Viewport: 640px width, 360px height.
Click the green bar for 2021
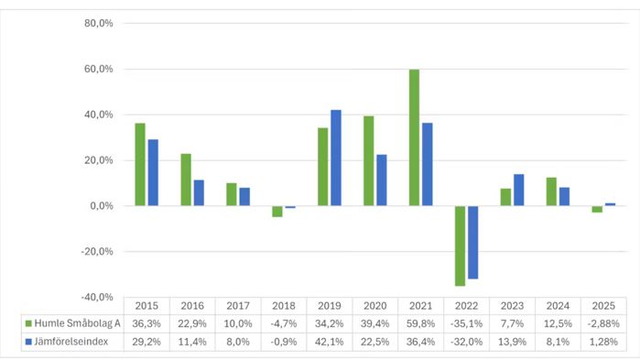tap(414, 137)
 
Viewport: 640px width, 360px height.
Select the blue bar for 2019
tap(336, 158)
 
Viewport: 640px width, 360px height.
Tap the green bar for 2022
tap(460, 246)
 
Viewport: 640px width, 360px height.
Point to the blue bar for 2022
tap(473, 243)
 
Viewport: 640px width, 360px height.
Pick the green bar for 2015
tap(140, 165)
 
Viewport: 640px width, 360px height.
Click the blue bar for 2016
tap(199, 192)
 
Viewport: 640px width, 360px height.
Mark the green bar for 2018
tap(277, 212)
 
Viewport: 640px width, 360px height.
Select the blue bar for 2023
tap(519, 190)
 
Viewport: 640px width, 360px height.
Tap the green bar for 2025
tap(597, 210)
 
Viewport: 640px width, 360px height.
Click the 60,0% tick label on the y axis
tap(98, 69)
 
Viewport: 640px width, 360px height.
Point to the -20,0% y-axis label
tap(97, 251)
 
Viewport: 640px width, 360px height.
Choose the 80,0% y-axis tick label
tap(98, 23)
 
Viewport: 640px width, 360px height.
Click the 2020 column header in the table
tap(375, 306)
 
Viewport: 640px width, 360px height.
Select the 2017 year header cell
tap(238, 306)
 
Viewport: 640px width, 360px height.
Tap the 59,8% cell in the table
tap(421, 323)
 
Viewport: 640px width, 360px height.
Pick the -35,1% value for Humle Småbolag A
tap(467, 323)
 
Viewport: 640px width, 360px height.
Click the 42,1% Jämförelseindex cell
tap(330, 342)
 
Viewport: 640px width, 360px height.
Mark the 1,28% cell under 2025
tap(603, 342)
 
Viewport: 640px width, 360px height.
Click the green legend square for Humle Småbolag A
tap(28, 323)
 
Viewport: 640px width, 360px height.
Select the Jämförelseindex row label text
tap(71, 342)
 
